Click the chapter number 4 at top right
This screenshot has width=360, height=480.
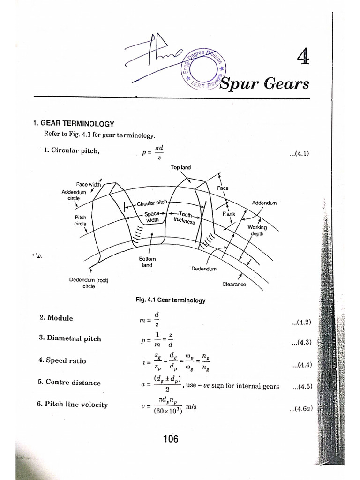click(x=303, y=57)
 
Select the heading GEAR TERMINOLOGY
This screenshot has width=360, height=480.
click(x=77, y=124)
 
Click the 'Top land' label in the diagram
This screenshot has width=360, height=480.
click(x=180, y=167)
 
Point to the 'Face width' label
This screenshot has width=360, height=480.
click(x=89, y=184)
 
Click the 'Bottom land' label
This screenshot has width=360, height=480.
click(x=147, y=262)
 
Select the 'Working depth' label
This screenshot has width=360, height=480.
click(x=257, y=230)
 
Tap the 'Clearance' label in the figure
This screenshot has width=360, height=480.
click(x=234, y=284)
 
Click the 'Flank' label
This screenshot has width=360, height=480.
click(x=229, y=214)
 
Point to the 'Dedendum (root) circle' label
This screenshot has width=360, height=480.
click(x=89, y=283)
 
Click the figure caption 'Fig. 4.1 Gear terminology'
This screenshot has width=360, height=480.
click(x=170, y=300)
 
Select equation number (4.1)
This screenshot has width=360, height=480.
click(x=300, y=153)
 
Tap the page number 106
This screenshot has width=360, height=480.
click(x=171, y=439)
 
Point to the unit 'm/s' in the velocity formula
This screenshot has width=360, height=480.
click(x=191, y=407)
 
